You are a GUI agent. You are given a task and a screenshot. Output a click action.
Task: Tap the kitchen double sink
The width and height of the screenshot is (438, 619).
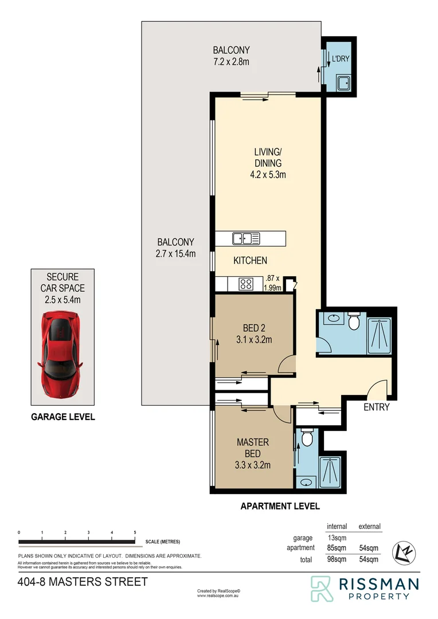[246, 238]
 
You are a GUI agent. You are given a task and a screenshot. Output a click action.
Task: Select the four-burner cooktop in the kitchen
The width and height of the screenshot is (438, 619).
[247, 283]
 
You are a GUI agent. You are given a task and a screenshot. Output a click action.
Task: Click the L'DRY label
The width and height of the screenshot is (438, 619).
[340, 58]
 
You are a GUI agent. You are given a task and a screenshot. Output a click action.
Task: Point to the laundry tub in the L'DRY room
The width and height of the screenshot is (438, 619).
[343, 84]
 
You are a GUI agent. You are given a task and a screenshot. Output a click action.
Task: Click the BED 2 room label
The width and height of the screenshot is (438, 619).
[253, 328]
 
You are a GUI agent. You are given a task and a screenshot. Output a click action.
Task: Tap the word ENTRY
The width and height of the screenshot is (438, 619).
[377, 408]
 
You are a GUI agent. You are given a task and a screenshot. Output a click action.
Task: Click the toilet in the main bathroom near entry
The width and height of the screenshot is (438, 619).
[354, 321]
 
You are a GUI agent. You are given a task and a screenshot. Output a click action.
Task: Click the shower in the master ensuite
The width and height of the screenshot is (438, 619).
[330, 471]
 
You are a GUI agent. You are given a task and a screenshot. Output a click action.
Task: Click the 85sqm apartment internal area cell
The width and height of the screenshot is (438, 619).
[336, 549]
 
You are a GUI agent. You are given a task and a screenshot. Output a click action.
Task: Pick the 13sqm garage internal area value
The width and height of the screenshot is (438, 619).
[336, 538]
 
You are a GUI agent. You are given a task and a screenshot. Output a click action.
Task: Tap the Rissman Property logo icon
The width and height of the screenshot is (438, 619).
[322, 589]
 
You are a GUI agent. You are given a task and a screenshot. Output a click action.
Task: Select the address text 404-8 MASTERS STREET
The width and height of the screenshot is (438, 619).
[83, 582]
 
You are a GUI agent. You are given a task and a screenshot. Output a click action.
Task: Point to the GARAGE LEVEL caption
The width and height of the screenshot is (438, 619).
[62, 417]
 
